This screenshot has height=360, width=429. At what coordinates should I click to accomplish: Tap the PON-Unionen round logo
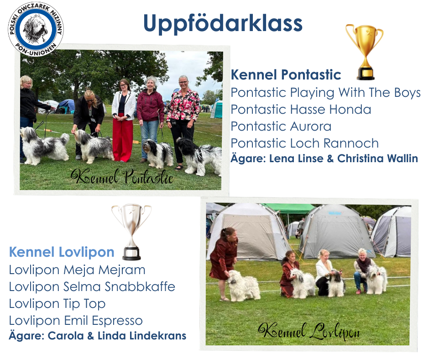click(36, 29)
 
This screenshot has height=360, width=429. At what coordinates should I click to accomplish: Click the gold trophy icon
click(365, 52)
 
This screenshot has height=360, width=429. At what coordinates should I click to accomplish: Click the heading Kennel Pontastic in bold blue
click(286, 75)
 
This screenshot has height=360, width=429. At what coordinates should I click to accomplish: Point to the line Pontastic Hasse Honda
click(301, 110)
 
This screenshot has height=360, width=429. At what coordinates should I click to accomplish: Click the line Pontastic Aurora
click(281, 126)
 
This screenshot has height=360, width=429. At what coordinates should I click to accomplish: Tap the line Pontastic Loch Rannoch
click(304, 143)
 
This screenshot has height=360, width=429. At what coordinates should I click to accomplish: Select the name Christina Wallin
click(377, 159)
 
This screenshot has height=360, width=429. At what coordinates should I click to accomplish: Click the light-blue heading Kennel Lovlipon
click(62, 252)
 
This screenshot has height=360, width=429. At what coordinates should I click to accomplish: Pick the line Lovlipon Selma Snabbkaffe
click(92, 287)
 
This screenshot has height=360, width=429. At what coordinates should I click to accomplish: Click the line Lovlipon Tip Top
click(57, 304)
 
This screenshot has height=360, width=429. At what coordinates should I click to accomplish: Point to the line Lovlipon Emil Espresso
click(76, 321)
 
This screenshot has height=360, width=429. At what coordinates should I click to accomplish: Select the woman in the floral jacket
click(183, 121)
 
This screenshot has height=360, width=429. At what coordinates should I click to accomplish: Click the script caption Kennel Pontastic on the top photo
click(122, 176)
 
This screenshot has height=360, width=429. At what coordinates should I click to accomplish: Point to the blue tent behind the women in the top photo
click(65, 106)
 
